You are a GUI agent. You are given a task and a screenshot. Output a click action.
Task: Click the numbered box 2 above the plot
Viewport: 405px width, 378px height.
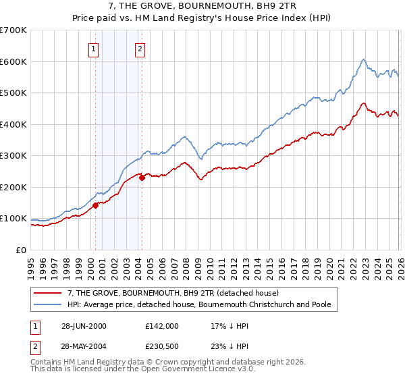[140, 48]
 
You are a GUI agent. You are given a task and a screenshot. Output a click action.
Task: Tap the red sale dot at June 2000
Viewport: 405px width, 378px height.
[96, 206]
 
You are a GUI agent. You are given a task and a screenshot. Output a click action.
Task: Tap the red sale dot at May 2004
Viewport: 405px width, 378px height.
[142, 178]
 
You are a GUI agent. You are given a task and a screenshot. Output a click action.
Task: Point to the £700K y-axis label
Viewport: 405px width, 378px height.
[13, 30]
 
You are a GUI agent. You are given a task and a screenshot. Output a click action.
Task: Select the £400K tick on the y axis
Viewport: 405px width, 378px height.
[13, 124]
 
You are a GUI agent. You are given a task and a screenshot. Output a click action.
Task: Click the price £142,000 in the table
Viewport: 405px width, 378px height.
[161, 325]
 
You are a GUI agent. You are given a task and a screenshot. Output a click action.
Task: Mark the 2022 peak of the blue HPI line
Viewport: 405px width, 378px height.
[363, 59]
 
